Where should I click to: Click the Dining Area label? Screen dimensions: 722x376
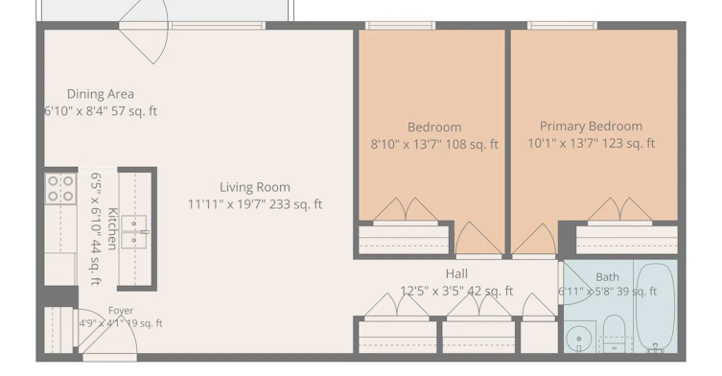pyautogui.click(x=101, y=94)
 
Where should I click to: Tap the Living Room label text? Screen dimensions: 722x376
pyautogui.click(x=255, y=187)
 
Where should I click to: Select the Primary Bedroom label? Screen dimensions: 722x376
pyautogui.click(x=591, y=127)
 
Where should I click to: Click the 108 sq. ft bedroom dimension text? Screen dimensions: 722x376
pyautogui.click(x=434, y=144)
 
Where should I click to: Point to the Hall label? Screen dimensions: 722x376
pyautogui.click(x=456, y=273)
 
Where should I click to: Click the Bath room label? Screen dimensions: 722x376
pyautogui.click(x=607, y=277)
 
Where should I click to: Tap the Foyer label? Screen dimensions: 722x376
pyautogui.click(x=121, y=311)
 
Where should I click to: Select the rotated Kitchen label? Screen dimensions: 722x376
pyautogui.click(x=112, y=228)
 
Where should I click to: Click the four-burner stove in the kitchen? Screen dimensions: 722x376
pyautogui.click(x=60, y=188)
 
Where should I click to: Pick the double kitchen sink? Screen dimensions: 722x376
pyautogui.click(x=134, y=232)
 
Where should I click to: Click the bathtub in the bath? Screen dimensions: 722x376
pyautogui.click(x=655, y=306)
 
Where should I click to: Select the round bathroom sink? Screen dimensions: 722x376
pyautogui.click(x=579, y=340)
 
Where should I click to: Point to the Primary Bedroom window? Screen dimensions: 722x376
pyautogui.click(x=562, y=25)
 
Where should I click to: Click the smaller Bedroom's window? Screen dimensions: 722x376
pyautogui.click(x=400, y=25)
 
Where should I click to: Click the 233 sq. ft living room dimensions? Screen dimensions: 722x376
pyautogui.click(x=255, y=204)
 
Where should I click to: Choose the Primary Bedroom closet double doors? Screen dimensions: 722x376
pyautogui.click(x=619, y=210)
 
